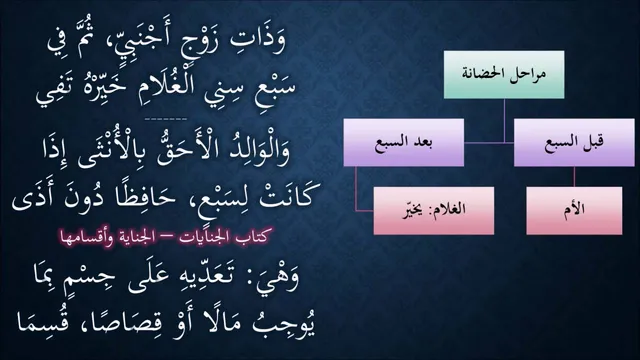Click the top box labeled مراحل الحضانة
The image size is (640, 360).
coord(504,75)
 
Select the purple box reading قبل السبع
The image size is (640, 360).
coord(574,142)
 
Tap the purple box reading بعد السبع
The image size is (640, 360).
coord(404,142)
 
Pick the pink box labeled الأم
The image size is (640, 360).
coord(574,211)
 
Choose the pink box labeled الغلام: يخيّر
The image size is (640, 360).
coord(434,211)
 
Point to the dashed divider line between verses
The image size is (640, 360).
coord(166,119)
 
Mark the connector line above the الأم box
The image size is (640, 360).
coord(574,177)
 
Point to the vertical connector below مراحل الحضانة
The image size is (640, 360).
coord(504,121)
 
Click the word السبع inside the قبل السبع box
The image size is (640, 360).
coord(562,142)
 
